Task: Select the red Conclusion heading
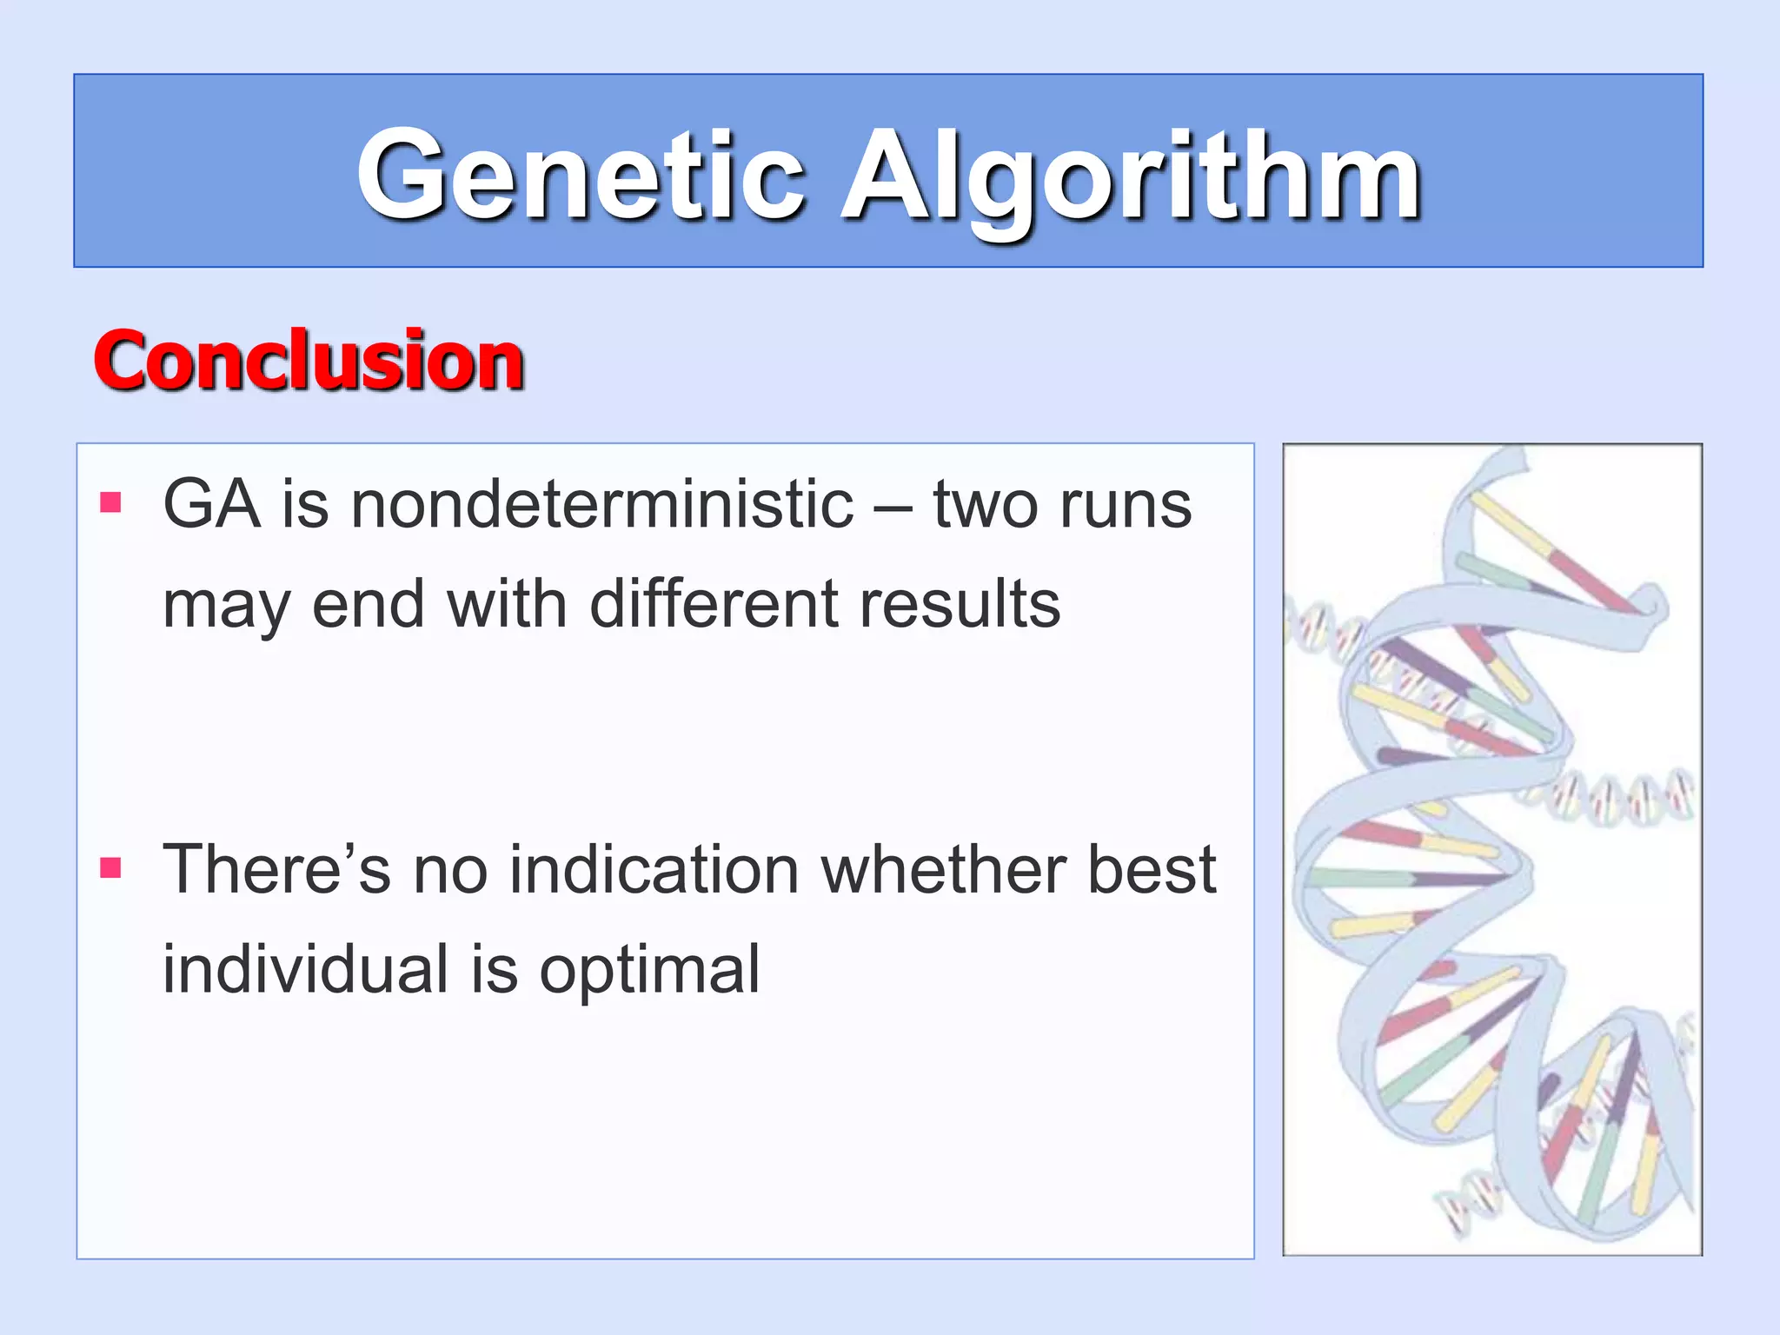pos(309,361)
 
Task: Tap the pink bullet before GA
pos(110,502)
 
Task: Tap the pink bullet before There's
pos(110,867)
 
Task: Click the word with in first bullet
pos(507,603)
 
